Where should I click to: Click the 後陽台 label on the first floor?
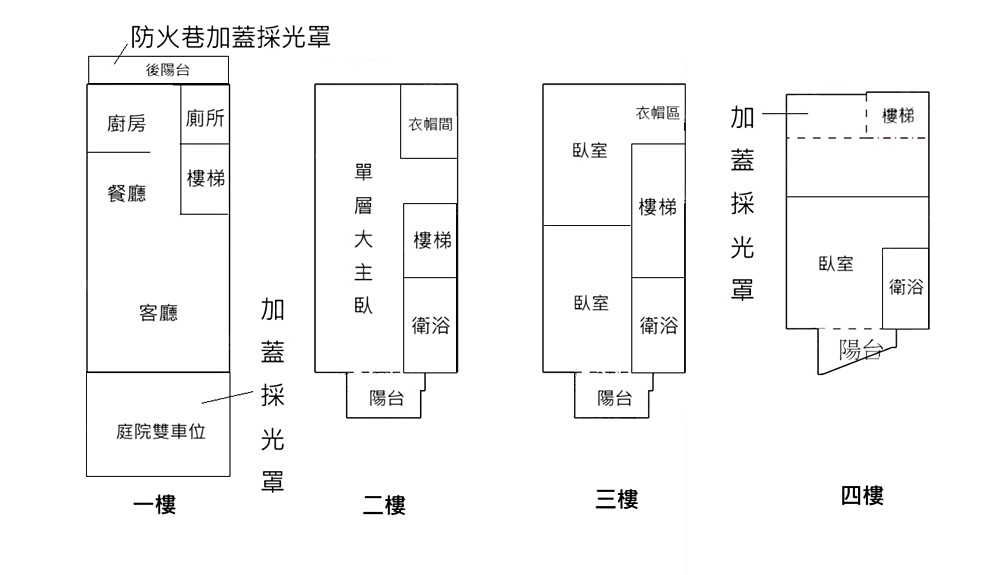(x=168, y=70)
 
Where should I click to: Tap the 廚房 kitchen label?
(x=126, y=124)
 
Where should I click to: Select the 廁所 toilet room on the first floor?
(x=205, y=118)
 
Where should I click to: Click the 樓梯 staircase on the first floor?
(x=205, y=179)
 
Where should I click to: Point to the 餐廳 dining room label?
(x=126, y=193)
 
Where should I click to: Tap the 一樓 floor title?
(x=154, y=505)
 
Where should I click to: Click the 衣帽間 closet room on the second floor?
(x=430, y=125)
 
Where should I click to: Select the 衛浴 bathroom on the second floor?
(x=430, y=325)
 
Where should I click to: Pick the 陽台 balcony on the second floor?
(x=387, y=398)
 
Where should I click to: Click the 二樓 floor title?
(x=384, y=505)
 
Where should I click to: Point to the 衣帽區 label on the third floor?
(x=658, y=113)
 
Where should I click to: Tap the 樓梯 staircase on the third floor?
(x=658, y=208)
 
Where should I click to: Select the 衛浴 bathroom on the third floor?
(x=658, y=325)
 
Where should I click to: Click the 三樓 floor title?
(x=616, y=499)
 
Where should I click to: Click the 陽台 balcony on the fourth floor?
(x=860, y=350)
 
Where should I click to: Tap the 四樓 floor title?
(x=862, y=495)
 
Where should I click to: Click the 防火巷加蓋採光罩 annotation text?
(x=230, y=38)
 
